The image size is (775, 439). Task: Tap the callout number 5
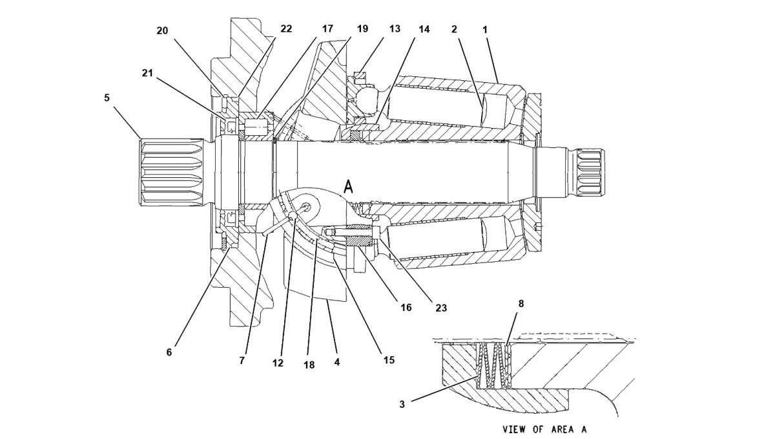tap(107, 98)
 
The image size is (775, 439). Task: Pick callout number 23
tap(442, 308)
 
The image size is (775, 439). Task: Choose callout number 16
tap(406, 308)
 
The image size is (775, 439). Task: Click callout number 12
tap(278, 363)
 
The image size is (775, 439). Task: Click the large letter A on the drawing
tap(349, 187)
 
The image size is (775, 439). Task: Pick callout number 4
tap(337, 363)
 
